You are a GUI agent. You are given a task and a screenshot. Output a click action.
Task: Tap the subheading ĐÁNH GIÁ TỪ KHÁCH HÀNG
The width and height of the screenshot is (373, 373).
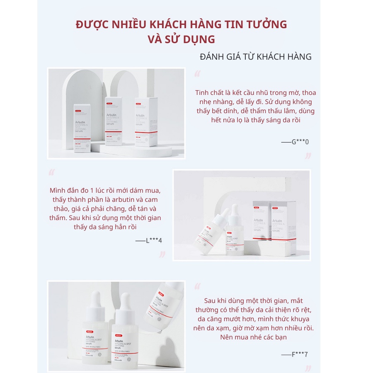click(x=255, y=57)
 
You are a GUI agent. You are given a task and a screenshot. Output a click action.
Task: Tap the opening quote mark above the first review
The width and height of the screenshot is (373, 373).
click(x=197, y=74)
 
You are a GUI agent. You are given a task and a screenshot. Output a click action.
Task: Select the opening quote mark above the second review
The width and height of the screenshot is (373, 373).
click(x=51, y=172)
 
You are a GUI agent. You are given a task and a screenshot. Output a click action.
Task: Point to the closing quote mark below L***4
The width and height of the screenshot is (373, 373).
click(x=162, y=254)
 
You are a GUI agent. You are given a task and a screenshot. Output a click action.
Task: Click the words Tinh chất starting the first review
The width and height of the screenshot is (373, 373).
click(x=209, y=92)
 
